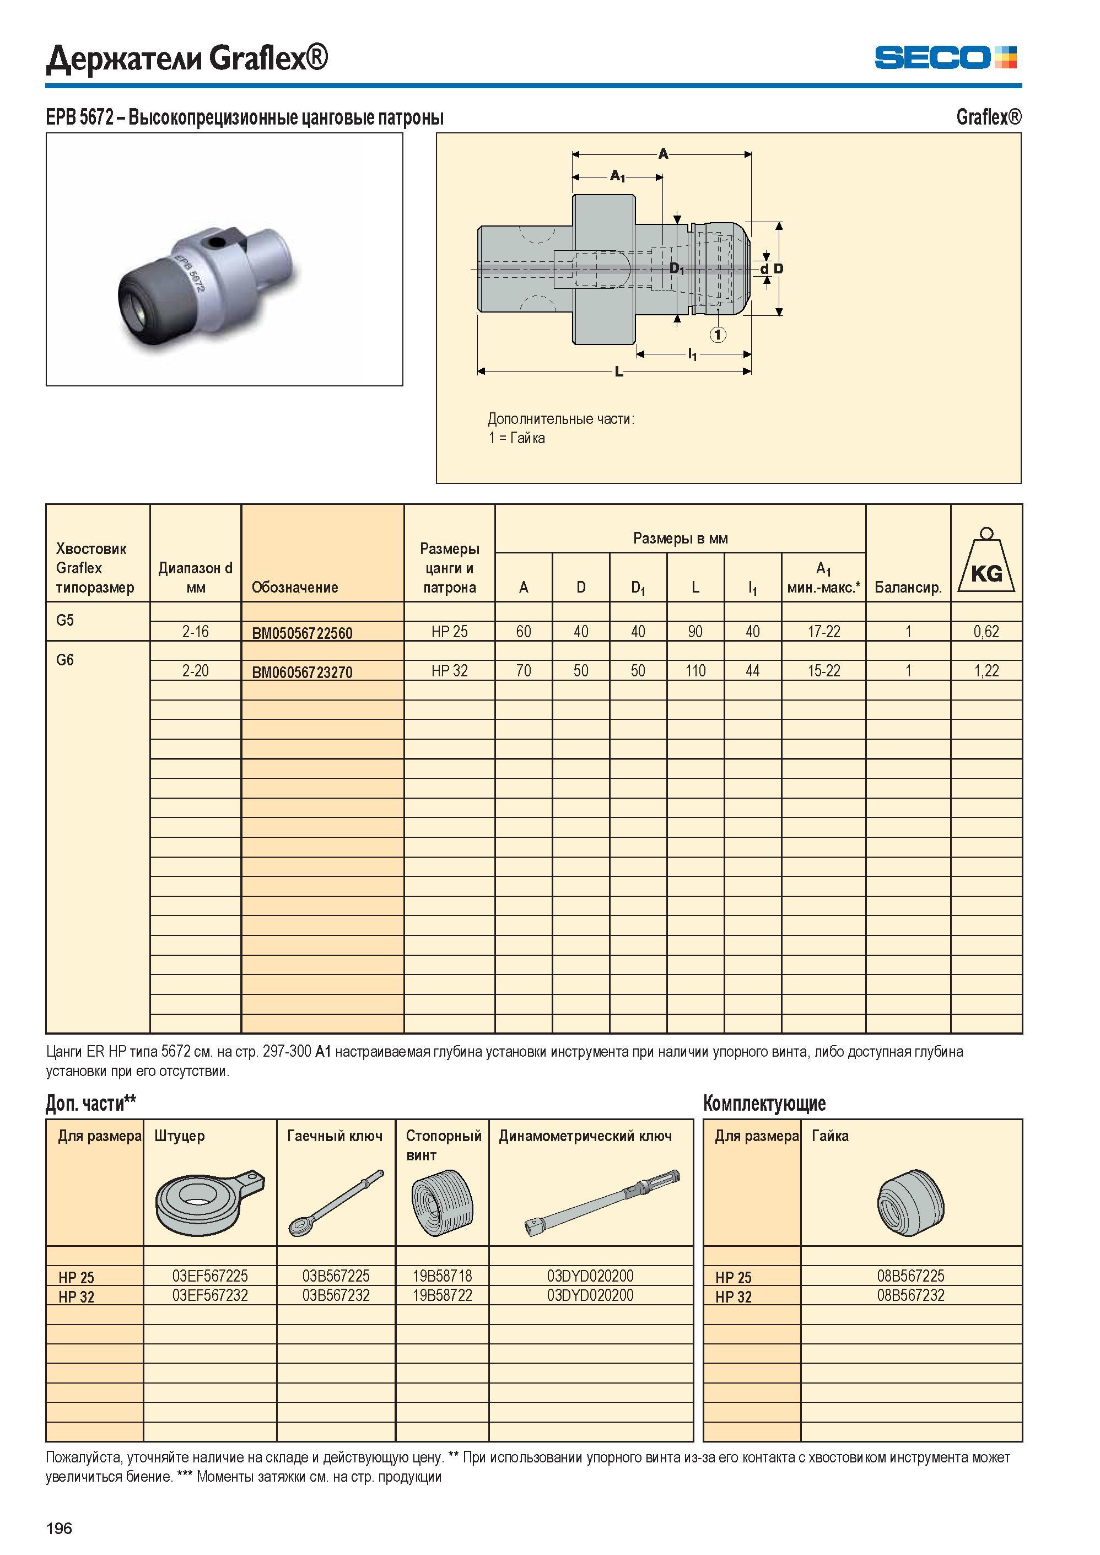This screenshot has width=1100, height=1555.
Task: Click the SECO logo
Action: point(946,57)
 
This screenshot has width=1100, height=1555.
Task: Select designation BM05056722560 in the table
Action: point(302,633)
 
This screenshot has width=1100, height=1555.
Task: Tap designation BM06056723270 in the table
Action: point(302,672)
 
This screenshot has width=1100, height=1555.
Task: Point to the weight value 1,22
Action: point(986,671)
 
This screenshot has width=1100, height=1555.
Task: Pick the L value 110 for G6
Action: point(695,671)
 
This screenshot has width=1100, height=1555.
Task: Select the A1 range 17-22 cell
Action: point(824,632)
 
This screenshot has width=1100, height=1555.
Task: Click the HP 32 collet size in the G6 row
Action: point(450,671)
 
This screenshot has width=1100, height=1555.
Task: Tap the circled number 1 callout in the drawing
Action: point(718,334)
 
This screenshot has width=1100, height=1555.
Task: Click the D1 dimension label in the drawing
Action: point(677,269)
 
